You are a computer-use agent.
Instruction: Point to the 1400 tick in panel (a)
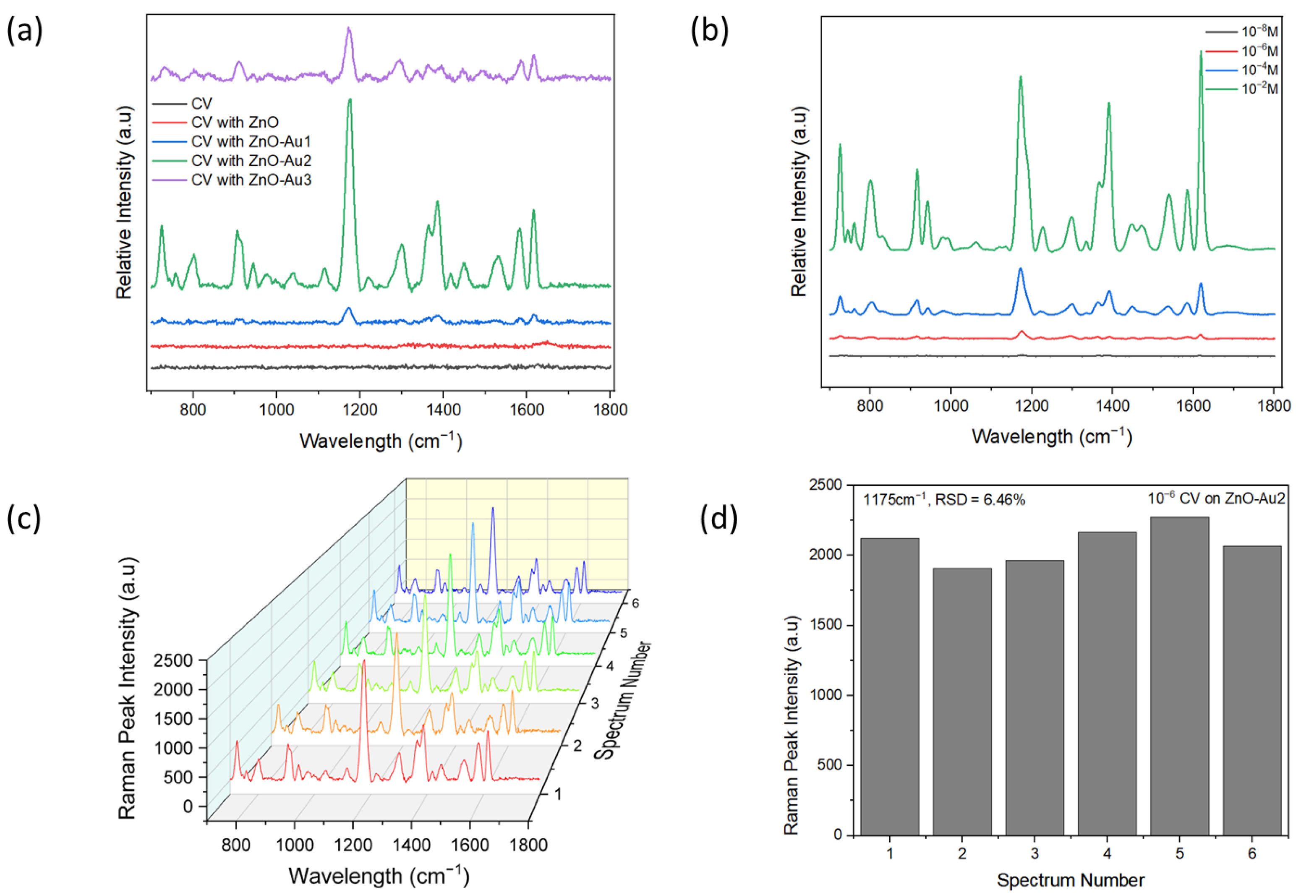(x=443, y=410)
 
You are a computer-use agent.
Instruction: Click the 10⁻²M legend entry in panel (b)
(x=1259, y=89)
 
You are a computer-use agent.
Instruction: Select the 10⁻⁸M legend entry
(x=1259, y=32)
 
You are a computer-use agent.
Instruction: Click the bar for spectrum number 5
(x=1179, y=675)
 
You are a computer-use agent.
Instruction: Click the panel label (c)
(x=24, y=519)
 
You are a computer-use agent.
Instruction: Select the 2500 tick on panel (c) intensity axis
(x=173, y=660)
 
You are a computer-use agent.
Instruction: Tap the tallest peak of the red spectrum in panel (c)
(x=364, y=662)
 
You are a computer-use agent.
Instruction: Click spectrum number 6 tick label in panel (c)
(x=635, y=604)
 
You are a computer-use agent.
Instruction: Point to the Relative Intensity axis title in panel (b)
(x=799, y=202)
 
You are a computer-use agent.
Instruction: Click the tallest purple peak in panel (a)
(x=349, y=28)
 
